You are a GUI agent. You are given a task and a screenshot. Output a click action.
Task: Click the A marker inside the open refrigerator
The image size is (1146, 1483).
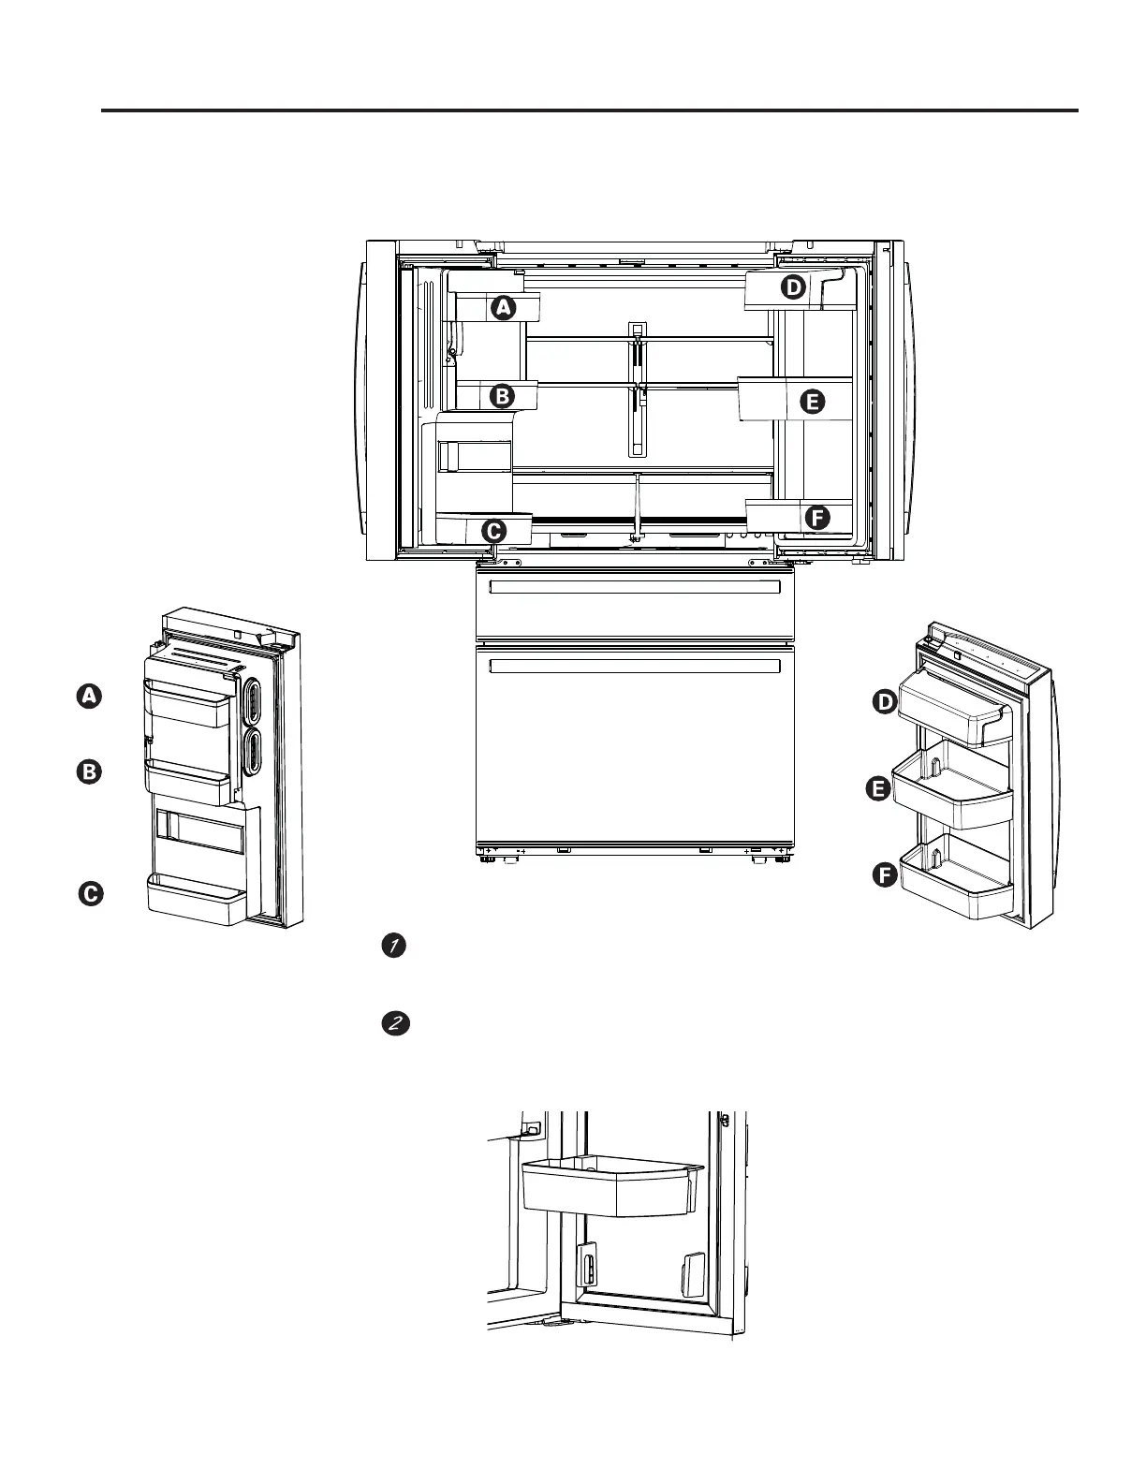(504, 307)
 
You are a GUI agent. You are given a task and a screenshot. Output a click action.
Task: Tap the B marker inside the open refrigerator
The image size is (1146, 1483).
(503, 396)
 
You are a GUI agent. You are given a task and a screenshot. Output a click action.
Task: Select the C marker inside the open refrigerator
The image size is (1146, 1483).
(493, 531)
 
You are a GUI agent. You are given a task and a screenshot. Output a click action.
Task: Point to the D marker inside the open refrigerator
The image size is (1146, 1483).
(793, 287)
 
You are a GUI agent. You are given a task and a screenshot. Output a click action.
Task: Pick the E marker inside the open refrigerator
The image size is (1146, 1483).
(812, 403)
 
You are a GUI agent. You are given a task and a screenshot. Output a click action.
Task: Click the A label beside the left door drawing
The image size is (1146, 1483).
(89, 697)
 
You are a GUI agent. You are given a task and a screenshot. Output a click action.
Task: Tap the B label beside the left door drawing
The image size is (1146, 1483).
(89, 772)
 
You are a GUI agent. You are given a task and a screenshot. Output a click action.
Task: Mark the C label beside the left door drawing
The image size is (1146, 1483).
(90, 894)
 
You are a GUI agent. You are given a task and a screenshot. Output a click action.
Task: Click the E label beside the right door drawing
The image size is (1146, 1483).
(878, 790)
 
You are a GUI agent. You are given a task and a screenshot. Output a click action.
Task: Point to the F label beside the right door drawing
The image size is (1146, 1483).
(883, 875)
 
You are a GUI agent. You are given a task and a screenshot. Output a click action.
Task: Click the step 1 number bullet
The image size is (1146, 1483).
(394, 947)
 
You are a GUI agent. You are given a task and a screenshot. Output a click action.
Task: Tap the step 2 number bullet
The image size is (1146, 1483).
(394, 1024)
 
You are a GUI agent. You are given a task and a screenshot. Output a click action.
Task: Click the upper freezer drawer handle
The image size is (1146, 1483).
(635, 587)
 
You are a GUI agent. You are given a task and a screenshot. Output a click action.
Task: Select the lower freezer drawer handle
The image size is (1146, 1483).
(635, 666)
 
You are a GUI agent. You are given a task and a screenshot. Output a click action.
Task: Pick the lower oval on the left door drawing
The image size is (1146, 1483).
(254, 752)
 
